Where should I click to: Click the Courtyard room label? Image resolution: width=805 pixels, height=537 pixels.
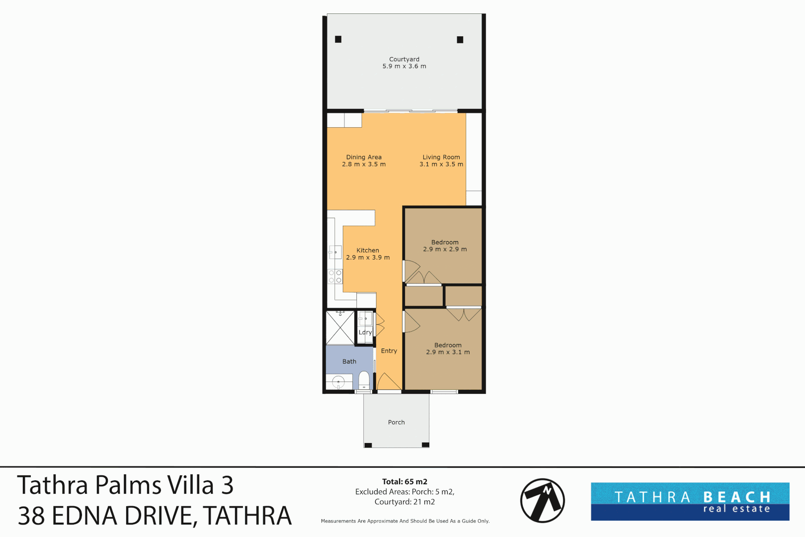404,59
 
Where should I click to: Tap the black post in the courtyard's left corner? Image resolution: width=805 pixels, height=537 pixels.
338,39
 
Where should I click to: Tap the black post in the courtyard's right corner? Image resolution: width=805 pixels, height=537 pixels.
460,40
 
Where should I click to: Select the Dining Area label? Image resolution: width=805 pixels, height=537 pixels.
364,157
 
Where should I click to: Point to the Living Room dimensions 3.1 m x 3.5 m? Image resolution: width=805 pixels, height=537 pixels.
441,165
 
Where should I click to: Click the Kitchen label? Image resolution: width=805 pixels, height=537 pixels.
368,251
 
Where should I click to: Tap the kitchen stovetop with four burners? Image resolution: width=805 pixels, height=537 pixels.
335,277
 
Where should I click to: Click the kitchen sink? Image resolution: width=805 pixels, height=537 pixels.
335,253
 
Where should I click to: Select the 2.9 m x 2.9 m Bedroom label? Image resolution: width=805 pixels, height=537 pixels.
445,246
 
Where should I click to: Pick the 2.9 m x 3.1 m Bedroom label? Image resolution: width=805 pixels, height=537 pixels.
448,349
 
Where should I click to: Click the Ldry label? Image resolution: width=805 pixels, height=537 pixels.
365,332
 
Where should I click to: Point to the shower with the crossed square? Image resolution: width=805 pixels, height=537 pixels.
340,328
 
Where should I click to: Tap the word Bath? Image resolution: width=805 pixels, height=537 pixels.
349,361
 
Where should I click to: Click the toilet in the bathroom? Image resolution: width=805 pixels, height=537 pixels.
364,380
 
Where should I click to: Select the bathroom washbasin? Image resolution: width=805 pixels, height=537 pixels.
338,382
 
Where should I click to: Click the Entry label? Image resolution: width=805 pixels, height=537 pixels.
389,351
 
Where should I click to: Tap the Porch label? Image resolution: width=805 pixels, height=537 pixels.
397,422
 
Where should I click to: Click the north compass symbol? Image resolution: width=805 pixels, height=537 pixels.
543,500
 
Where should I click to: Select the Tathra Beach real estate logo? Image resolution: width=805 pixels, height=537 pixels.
690,501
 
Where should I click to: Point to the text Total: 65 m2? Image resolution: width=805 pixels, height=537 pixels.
404,481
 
